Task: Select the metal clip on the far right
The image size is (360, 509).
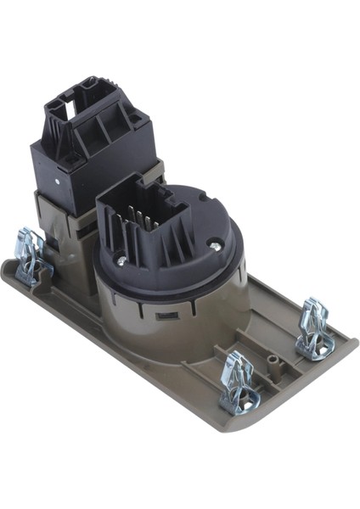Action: (314, 327)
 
